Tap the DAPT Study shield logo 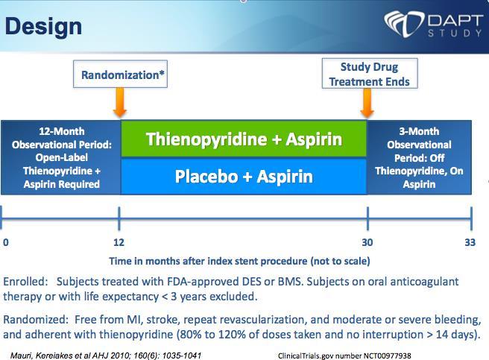(405, 24)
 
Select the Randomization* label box (120, 74)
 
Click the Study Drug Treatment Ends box (370, 74)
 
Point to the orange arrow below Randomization (120, 102)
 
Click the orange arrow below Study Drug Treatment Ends (367, 103)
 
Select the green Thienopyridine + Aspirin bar (244, 139)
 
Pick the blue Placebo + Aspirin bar (244, 177)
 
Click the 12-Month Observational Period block (61, 157)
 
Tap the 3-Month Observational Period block (419, 157)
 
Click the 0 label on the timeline (6, 242)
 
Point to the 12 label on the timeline (119, 242)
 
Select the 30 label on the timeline (367, 242)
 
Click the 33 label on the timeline (470, 242)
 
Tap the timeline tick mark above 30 (367, 218)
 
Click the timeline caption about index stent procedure (239, 261)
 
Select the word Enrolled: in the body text (25, 282)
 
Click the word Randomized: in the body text (36, 320)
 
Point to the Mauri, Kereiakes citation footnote (106, 356)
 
